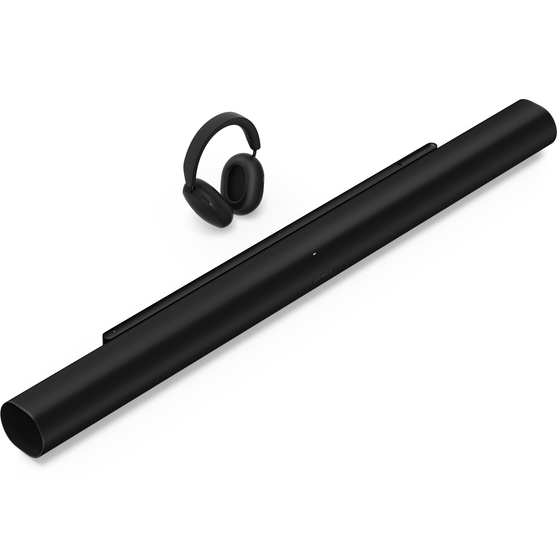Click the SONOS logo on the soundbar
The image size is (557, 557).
(323, 276)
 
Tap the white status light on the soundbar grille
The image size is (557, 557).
(314, 254)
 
